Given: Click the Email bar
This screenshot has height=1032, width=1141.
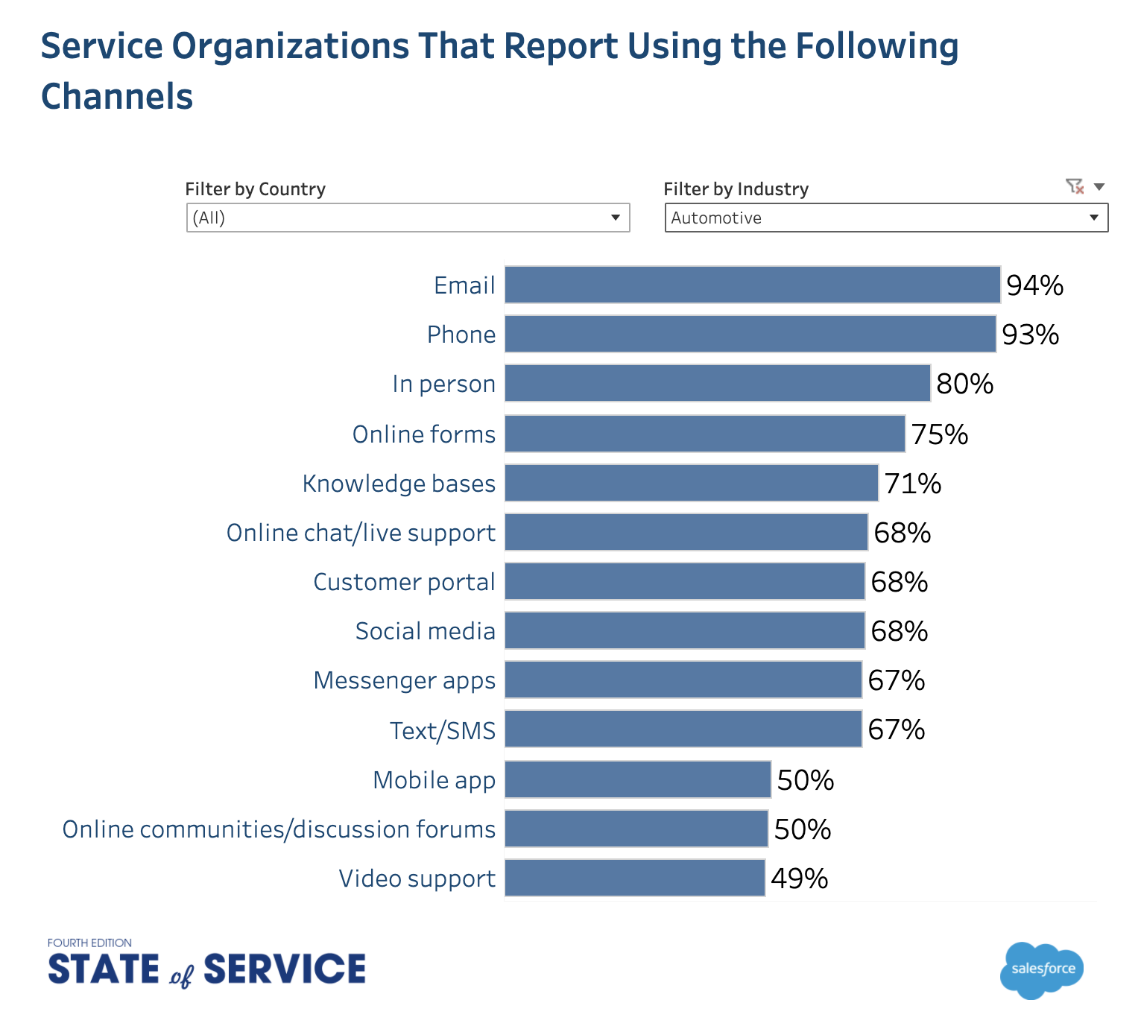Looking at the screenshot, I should (x=752, y=285).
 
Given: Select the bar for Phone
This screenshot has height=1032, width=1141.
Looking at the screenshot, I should (x=750, y=334).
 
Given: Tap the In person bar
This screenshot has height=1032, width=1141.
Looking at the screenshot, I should (x=717, y=383).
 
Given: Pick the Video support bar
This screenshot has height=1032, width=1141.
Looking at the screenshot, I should (x=634, y=878).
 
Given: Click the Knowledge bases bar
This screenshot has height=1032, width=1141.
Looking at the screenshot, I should (x=691, y=483).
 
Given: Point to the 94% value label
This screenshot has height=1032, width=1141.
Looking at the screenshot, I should (x=1034, y=285).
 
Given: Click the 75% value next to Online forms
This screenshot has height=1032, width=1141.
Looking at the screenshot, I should (x=939, y=434).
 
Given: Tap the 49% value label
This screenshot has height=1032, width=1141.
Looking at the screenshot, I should (x=799, y=879).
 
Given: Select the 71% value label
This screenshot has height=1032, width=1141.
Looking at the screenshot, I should (x=912, y=484).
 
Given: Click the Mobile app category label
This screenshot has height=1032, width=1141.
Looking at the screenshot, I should (x=434, y=780).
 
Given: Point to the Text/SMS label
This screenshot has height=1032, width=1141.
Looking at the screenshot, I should (x=443, y=731).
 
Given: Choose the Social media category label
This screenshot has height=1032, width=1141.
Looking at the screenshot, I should (x=425, y=631).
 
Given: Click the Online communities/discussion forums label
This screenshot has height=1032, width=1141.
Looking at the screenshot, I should (x=279, y=829).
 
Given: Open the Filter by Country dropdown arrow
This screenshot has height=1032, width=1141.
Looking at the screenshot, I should (x=616, y=218).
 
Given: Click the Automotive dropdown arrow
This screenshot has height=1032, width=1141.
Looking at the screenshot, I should (x=1093, y=218).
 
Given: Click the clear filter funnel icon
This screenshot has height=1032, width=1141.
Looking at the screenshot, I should (x=1074, y=186).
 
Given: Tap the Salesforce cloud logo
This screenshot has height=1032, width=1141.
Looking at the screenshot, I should (x=1042, y=969).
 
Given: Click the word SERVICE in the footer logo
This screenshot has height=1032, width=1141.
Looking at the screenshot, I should (x=285, y=969).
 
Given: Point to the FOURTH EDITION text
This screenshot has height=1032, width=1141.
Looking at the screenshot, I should (x=89, y=943).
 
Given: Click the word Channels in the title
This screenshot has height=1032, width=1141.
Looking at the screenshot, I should (x=117, y=97).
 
